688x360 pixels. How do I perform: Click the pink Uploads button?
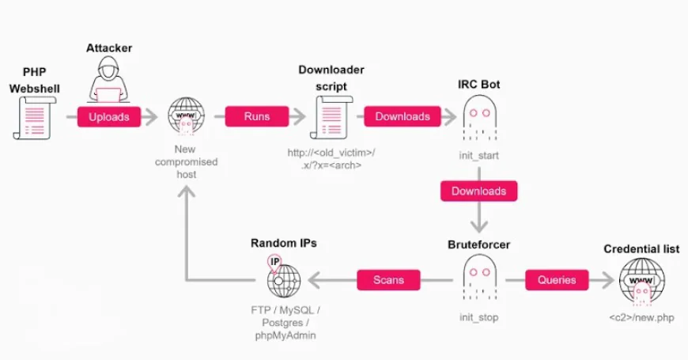coord(109,116)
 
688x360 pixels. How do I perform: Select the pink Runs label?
coord(256,116)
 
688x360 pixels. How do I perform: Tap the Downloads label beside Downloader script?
coord(403,116)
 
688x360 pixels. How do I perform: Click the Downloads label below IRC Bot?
coord(478,191)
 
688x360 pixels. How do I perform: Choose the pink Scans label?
coord(387,279)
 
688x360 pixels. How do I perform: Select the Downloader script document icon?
coord(331,117)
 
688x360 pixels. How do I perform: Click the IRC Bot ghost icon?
coord(478,116)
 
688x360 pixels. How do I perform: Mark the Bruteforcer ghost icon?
coord(479,279)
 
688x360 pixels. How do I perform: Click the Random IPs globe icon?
coord(283,278)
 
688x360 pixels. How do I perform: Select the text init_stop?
coord(478,317)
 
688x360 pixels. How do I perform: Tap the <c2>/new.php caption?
coord(641,317)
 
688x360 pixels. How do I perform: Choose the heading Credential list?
coord(641,248)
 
